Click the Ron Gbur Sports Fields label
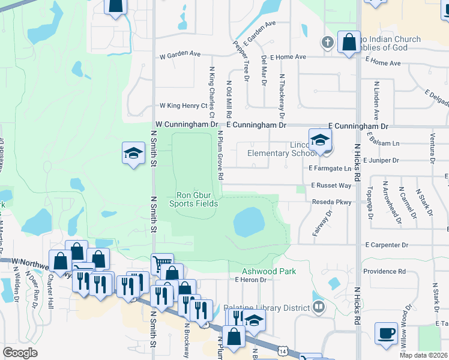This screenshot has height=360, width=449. pyautogui.click(x=193, y=199)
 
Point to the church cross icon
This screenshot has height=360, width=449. pyautogui.click(x=327, y=42)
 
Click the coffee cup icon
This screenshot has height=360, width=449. pyautogui.click(x=386, y=332)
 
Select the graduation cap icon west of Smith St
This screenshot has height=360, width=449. pyautogui.click(x=133, y=153)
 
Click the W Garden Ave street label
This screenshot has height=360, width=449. pyautogui.click(x=179, y=54)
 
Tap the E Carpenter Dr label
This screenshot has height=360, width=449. pyautogui.click(x=387, y=245)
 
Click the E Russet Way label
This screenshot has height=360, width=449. pyautogui.click(x=331, y=186)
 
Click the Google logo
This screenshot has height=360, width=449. pyautogui.click(x=20, y=353)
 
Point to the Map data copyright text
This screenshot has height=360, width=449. pyautogui.click(x=424, y=355)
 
